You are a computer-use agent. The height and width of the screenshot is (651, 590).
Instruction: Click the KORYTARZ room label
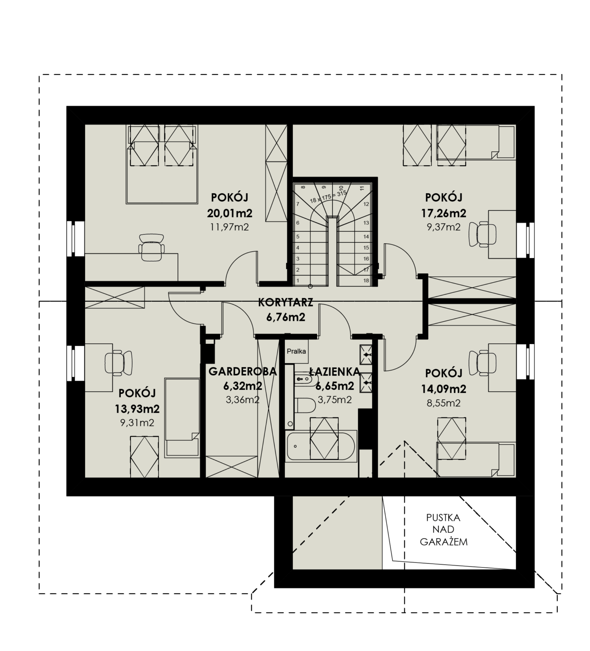click(x=286, y=303)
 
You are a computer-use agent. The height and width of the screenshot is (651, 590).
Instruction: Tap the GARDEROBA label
click(x=242, y=372)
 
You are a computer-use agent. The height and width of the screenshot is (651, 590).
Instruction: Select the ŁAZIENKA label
click(x=334, y=372)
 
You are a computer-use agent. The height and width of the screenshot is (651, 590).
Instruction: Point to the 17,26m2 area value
click(x=443, y=212)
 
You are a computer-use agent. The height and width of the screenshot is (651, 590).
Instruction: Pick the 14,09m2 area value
click(x=443, y=388)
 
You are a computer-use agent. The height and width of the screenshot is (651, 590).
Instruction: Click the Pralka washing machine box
click(x=296, y=351)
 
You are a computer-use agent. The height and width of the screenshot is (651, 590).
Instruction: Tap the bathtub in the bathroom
click(x=321, y=446)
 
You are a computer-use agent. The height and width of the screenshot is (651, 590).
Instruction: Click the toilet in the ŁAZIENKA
click(x=305, y=405)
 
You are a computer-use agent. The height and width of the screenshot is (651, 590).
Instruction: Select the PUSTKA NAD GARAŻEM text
click(x=443, y=529)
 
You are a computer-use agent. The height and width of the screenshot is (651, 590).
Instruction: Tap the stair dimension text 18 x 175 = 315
click(x=328, y=197)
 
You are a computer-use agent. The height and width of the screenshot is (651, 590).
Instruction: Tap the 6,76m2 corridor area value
click(x=286, y=317)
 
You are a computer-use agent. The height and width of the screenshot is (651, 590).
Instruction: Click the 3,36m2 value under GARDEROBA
click(x=242, y=400)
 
